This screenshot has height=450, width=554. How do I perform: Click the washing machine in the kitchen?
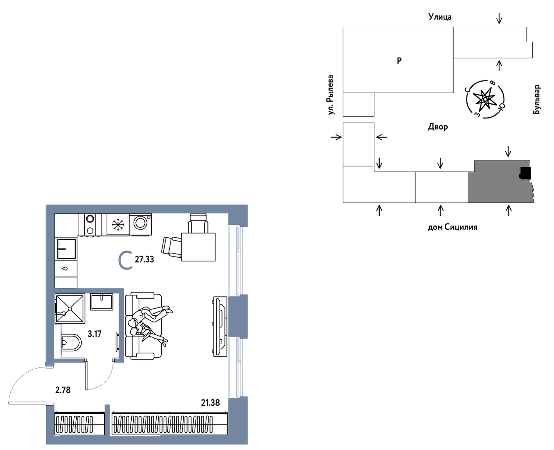pyautogui.click(x=140, y=225)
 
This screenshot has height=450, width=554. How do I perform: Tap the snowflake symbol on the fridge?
pyautogui.click(x=118, y=225)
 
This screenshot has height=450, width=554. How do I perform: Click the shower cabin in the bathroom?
pyautogui.click(x=70, y=309)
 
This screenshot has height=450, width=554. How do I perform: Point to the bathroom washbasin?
pyautogui.click(x=101, y=302)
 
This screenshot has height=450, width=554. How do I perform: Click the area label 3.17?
pyautogui.click(x=94, y=334)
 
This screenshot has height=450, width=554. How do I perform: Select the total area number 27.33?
pyautogui.click(x=144, y=259)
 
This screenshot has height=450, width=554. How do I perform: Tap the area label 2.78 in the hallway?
pyautogui.click(x=63, y=390)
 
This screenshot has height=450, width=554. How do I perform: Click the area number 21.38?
pyautogui.click(x=210, y=402)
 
